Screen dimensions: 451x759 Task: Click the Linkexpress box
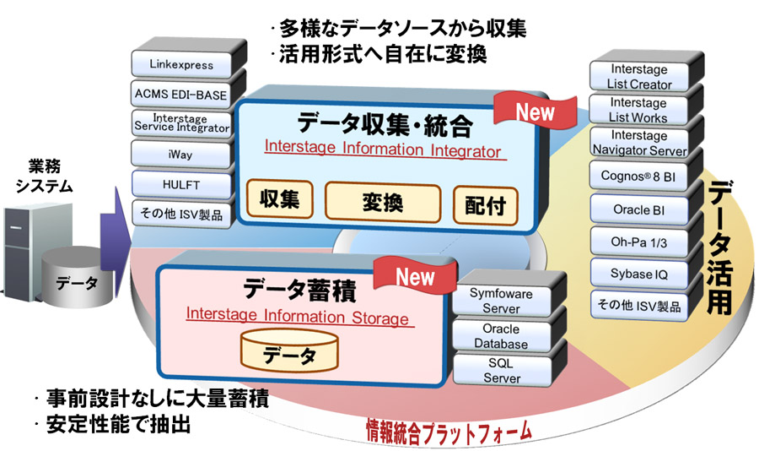(x=181, y=64)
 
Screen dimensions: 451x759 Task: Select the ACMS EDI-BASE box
(x=181, y=94)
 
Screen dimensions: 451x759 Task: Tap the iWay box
(x=181, y=155)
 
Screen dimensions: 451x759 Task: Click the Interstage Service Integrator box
(x=181, y=123)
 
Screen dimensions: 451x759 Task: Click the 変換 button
(x=385, y=203)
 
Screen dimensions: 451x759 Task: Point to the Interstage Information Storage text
(x=297, y=318)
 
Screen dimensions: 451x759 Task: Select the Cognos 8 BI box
(x=643, y=176)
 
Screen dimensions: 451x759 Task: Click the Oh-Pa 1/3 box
(x=643, y=241)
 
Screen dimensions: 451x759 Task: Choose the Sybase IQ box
(x=643, y=273)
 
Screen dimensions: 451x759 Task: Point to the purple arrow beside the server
(x=112, y=226)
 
